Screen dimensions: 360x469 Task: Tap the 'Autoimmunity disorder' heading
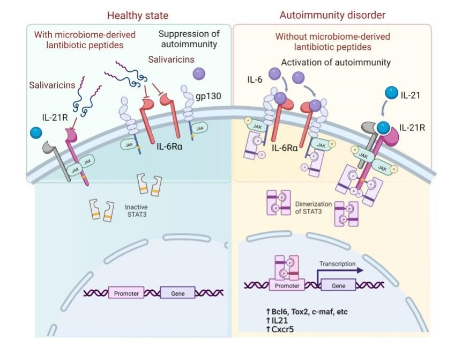coord(332,15)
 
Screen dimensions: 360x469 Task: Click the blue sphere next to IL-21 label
coord(390,94)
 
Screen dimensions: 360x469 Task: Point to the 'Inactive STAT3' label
coord(136,211)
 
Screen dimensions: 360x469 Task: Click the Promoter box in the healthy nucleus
coord(125,293)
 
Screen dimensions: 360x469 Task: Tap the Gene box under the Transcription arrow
coord(338,285)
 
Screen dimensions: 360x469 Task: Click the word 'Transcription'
coord(337,263)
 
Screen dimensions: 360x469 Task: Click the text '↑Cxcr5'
coord(279,329)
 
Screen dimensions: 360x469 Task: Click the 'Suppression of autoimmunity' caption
coord(189,39)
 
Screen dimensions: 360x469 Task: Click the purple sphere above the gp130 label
coord(199,73)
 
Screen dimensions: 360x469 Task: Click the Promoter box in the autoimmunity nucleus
coord(287,285)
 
